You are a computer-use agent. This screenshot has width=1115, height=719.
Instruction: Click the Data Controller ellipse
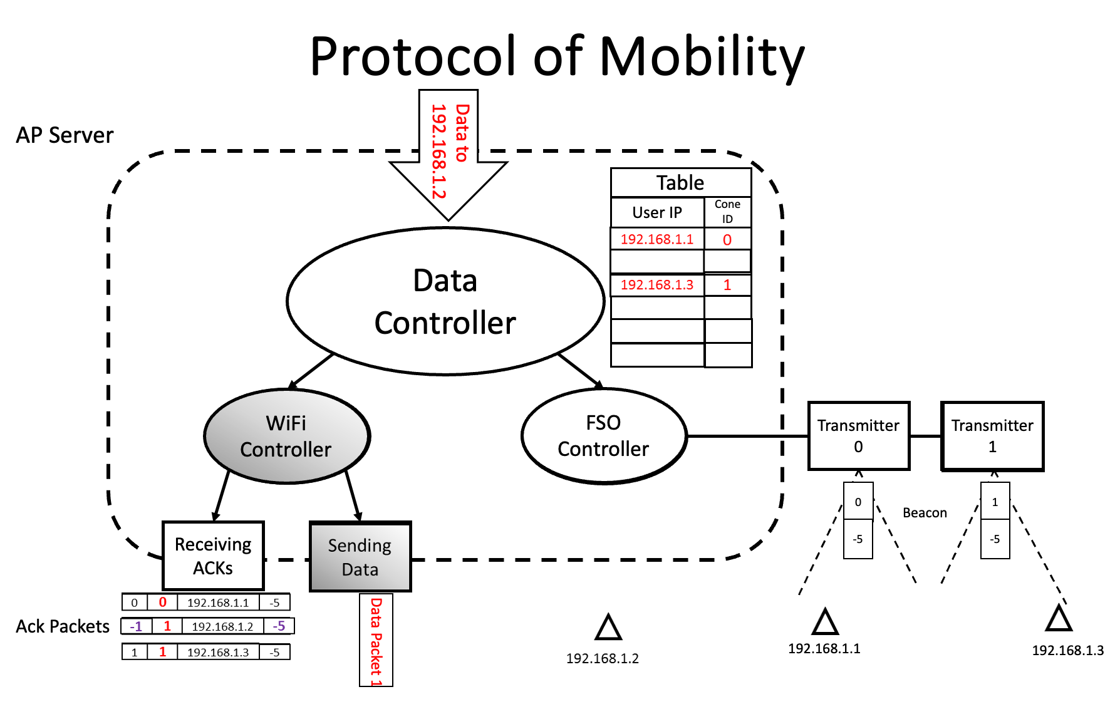445,301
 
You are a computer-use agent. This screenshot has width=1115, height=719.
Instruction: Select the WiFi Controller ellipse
287,436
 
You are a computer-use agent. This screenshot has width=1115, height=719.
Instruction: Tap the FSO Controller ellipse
604,436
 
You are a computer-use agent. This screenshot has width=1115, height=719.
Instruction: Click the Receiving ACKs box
213,556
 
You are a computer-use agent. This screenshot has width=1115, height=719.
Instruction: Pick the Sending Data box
360,557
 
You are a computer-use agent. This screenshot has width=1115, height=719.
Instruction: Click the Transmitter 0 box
859,436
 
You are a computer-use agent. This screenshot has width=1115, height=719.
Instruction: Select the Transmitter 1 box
993,436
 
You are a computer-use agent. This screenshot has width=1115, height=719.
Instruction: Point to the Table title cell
681,183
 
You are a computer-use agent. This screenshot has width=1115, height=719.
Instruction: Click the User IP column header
657,212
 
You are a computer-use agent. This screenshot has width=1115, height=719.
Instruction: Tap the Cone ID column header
727,212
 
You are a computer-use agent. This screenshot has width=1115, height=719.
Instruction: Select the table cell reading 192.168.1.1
657,239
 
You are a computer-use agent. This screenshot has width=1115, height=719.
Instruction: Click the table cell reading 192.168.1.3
657,285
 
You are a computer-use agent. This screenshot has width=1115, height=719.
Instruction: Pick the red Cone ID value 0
727,239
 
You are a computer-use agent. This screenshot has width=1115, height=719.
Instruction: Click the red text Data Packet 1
376,642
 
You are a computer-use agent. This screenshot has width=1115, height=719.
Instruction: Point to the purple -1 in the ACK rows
136,626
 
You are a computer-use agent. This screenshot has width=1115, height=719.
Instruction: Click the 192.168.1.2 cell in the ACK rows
222,626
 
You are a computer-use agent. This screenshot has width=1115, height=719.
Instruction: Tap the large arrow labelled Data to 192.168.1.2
449,157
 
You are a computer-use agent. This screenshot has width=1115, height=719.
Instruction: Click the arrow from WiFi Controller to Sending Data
353,496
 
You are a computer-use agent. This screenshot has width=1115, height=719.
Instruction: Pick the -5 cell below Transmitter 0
858,539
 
